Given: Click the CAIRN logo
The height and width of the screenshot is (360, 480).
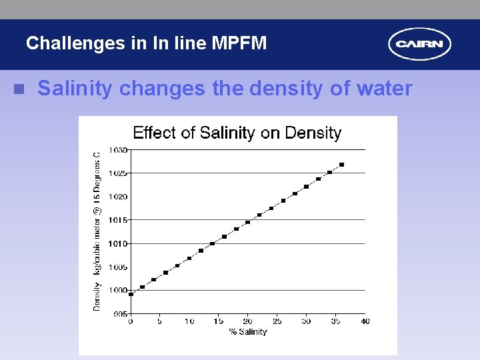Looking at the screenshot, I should coord(419,45).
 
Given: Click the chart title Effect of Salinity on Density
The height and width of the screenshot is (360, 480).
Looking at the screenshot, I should coord(237,133).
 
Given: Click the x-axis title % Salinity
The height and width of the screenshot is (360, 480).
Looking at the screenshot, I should coord(247,331).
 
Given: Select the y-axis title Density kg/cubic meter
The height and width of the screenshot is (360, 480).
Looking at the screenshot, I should coord(97,230).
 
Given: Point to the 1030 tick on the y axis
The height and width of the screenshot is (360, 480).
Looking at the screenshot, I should coord(119,150).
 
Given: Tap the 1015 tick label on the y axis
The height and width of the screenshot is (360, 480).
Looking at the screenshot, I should coord(119,220).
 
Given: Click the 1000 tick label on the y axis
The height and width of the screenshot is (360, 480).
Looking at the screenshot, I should coord(119,291).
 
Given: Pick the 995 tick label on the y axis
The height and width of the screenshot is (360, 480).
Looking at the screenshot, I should coord(120,314).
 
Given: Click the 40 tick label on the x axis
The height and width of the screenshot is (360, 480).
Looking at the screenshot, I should coord(365,321).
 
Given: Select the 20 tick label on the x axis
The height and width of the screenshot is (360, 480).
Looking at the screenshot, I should coord(247,321).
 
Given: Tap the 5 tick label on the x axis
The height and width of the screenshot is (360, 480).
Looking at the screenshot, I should coord(159,321).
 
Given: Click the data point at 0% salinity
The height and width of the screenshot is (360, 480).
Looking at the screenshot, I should coord(131,294).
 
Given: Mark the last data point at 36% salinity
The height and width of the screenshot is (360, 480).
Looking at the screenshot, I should coord(342,165).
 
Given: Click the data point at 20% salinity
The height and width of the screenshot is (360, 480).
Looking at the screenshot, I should coord(247,222).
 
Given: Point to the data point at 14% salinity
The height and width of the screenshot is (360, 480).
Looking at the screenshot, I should coord(212,243).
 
